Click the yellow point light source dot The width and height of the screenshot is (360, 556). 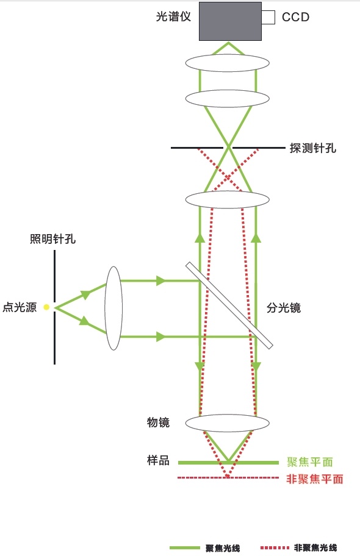click(46, 307)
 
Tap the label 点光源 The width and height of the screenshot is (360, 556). click(20, 307)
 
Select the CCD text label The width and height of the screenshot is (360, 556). click(295, 17)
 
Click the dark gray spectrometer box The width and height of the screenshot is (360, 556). click(230, 21)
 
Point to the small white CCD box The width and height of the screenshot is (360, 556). click(268, 17)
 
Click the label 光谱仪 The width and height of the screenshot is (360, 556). click(173, 16)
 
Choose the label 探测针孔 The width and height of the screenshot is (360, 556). click(313, 148)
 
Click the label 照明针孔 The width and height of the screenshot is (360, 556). click(52, 239)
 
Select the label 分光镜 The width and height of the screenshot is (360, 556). click(284, 308)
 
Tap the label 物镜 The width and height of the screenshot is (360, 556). click(159, 422)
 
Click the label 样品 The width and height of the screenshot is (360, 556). click(159, 461)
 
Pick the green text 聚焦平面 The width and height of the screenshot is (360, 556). click(310, 462)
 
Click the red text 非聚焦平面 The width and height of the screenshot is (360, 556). click(315, 479)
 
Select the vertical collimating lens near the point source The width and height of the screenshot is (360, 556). click(113, 308)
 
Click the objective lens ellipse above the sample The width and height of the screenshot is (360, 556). click(228, 422)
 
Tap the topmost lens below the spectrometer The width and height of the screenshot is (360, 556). click(228, 63)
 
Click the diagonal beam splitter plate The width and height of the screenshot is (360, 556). click(229, 305)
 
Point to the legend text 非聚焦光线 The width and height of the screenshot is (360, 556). click(315, 548)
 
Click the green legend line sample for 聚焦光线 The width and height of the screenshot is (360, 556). click(185, 548)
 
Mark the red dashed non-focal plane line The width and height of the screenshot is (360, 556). click(228, 477)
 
